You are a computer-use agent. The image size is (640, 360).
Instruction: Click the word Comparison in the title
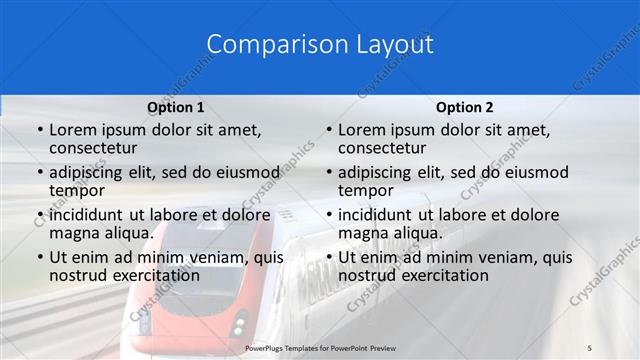[264, 44]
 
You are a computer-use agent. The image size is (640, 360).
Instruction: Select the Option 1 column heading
[176, 107]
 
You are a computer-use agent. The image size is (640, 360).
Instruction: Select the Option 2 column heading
[465, 107]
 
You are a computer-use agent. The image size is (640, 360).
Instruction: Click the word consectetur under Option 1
[95, 148]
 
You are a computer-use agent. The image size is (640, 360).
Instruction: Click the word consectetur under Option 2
[384, 148]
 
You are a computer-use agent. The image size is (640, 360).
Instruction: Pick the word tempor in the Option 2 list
[365, 190]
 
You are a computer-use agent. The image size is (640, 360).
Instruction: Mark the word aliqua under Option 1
[128, 233]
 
